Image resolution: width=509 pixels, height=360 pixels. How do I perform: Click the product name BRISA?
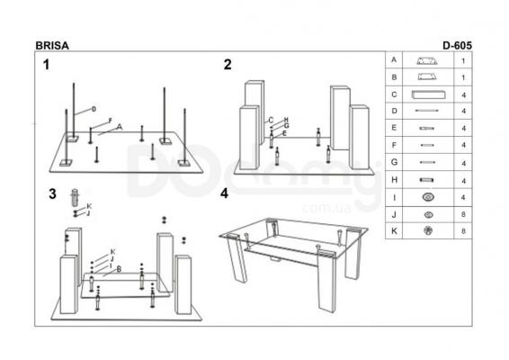pyautogui.click(x=52, y=46)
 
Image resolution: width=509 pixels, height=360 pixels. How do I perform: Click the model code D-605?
pyautogui.click(x=457, y=46)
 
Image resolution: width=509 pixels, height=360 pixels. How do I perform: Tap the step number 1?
pyautogui.click(x=47, y=65)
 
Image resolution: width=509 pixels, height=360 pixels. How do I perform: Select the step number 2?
pyautogui.click(x=228, y=64)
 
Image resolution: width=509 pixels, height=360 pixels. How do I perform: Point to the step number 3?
pyautogui.click(x=52, y=194)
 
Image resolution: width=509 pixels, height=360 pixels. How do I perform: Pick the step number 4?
pyautogui.click(x=224, y=193)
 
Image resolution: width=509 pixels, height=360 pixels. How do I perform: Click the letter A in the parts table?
pyautogui.click(x=394, y=59)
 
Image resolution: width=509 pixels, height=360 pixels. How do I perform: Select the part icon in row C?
pyautogui.click(x=428, y=94)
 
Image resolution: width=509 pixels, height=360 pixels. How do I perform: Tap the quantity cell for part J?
pyautogui.click(x=463, y=214)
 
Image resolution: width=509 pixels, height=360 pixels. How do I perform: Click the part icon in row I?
pyautogui.click(x=428, y=197)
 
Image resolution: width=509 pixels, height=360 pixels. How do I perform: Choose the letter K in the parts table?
pyautogui.click(x=394, y=231)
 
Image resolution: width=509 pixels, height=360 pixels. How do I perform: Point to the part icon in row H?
pyautogui.click(x=426, y=180)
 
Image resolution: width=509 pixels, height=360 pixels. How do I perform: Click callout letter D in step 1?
pyautogui.click(x=94, y=109)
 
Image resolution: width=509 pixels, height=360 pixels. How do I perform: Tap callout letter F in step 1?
pyautogui.click(x=110, y=121)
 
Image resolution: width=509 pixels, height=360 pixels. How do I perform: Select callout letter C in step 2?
pyautogui.click(x=271, y=121)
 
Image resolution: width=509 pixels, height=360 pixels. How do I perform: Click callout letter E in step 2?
pyautogui.click(x=285, y=133)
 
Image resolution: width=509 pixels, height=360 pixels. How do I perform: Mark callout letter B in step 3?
pyautogui.click(x=119, y=269)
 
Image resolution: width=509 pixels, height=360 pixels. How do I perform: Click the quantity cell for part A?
pyautogui.click(x=463, y=60)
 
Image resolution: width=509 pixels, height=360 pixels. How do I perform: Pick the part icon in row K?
pyautogui.click(x=428, y=230)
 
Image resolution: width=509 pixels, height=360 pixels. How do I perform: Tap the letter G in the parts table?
pyautogui.click(x=394, y=162)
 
